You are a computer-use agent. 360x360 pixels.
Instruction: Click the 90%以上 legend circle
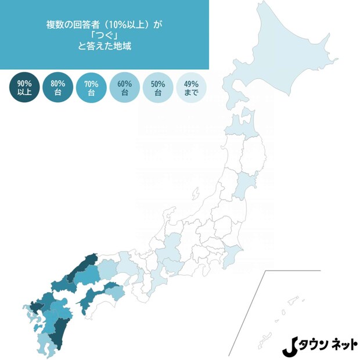[24, 88]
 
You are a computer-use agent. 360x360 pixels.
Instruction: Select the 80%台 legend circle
[57, 88]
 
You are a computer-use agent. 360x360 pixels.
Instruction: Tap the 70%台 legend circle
[91, 88]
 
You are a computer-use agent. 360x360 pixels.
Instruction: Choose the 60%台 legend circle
[124, 88]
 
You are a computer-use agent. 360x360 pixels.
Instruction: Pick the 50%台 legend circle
[157, 88]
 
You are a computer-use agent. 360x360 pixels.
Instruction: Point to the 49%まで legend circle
[190, 88]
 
